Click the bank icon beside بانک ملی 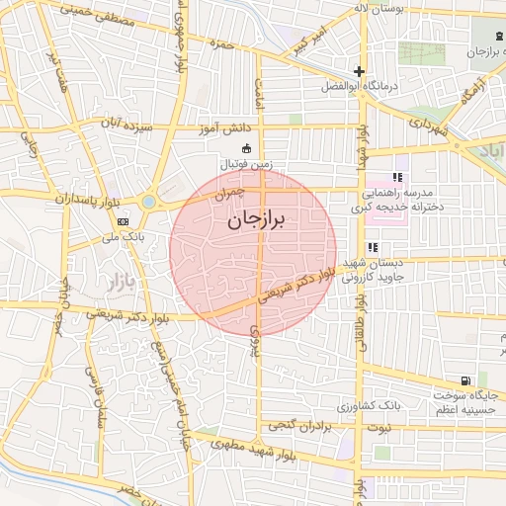[x=123, y=222]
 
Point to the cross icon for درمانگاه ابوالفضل [x=359, y=71]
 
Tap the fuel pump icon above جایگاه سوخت [x=465, y=381]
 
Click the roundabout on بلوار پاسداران [x=148, y=202]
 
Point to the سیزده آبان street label [x=123, y=124]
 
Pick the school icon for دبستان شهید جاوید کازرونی [x=372, y=248]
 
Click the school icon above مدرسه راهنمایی [x=397, y=176]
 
